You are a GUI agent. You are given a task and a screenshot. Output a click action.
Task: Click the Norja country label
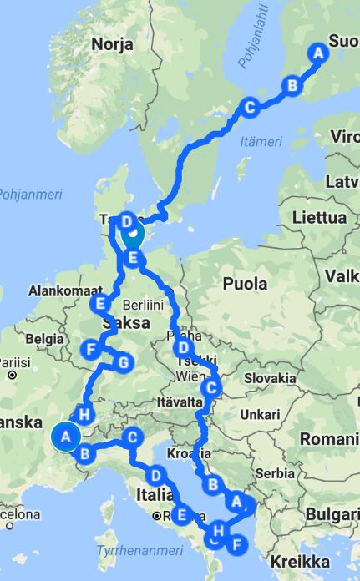(113, 43)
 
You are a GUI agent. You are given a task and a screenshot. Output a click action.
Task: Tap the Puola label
(245, 284)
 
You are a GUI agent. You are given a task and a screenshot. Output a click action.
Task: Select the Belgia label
(44, 339)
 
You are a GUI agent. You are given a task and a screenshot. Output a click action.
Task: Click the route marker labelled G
(123, 363)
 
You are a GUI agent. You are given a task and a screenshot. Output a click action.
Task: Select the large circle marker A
(65, 436)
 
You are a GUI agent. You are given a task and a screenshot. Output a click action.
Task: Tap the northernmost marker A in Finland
(317, 52)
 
